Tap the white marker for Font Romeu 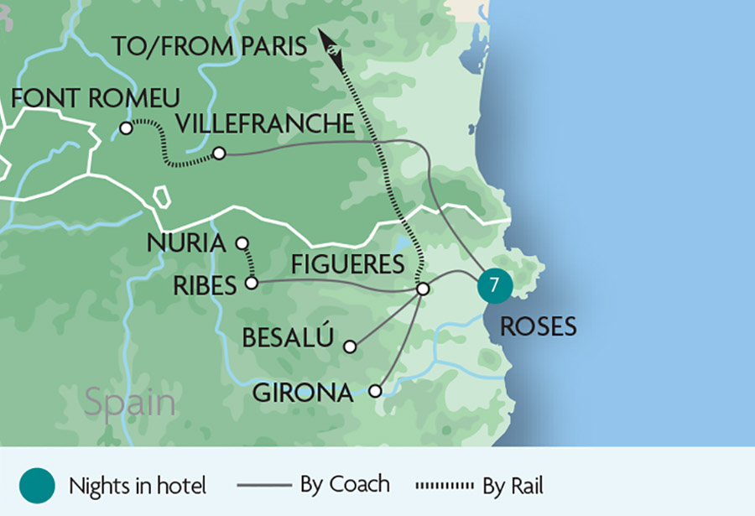126,128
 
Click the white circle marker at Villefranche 219,154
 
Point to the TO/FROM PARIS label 210,47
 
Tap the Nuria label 186,243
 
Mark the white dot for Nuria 242,243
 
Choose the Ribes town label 205,285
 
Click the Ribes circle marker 251,284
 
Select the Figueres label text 347,265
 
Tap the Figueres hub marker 423,289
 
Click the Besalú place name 288,338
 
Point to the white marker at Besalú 351,346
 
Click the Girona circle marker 375,391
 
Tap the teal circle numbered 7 494,286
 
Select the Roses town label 539,326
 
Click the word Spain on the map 130,403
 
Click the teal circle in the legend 37,486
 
